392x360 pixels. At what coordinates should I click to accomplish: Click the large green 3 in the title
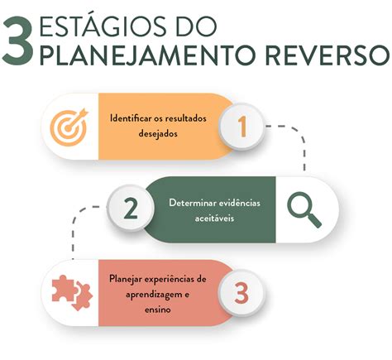(18, 41)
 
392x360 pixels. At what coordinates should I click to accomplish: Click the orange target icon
(69, 127)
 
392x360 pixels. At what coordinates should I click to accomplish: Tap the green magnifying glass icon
(304, 209)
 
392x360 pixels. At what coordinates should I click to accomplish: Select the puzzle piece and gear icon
(72, 293)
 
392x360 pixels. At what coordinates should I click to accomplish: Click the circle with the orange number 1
(241, 127)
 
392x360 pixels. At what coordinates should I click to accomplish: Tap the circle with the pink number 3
(241, 293)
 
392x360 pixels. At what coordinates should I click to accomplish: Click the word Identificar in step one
(127, 118)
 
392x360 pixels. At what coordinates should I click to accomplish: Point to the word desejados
(158, 134)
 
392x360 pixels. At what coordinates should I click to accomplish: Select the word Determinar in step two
(193, 203)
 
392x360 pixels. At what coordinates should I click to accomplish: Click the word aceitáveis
(214, 218)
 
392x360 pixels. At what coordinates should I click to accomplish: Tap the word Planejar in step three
(126, 279)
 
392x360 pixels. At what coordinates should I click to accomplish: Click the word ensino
(158, 310)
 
